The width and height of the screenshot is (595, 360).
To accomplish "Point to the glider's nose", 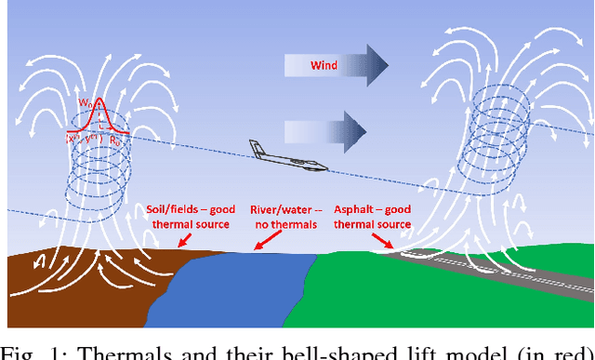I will pyautogui.click(x=325, y=167).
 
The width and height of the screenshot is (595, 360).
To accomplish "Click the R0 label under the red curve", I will pyautogui.click(x=116, y=139).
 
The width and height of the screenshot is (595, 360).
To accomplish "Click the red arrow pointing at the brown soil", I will pyautogui.click(x=181, y=241).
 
